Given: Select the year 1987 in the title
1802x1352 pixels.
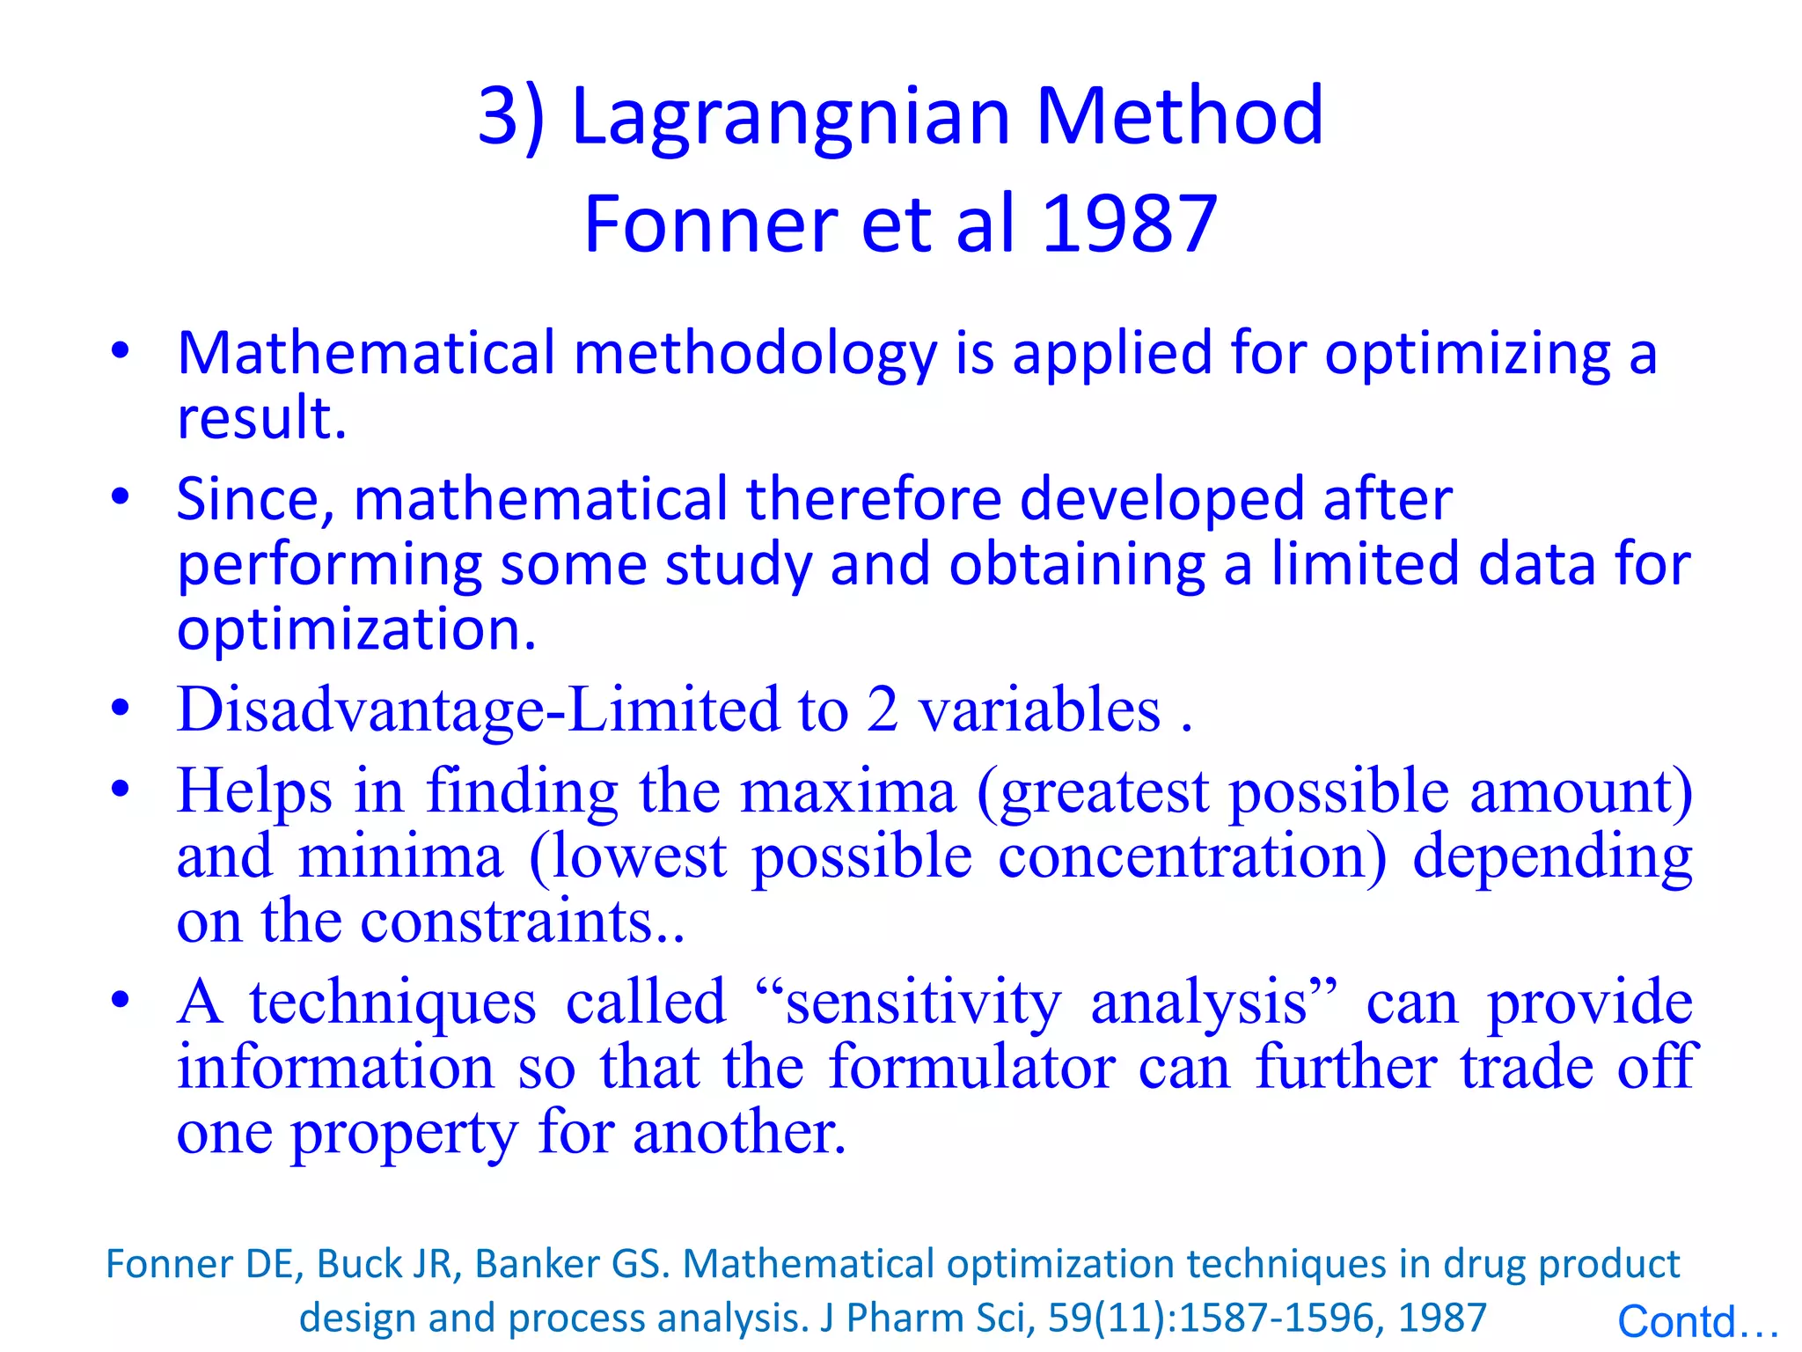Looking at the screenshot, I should (1130, 224).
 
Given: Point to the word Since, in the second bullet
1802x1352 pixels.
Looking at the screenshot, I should (256, 500).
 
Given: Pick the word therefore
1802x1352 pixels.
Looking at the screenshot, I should (874, 498).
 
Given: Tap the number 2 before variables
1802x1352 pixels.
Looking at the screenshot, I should (882, 709).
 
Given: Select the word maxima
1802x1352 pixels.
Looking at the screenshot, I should (847, 790).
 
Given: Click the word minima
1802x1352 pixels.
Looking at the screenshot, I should (400, 856).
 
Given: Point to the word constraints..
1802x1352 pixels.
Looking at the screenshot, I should (517, 921).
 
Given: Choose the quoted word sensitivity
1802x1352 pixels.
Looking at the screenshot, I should (923, 1003).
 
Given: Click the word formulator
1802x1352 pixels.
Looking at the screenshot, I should (971, 1067).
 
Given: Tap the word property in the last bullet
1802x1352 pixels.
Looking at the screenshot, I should (404, 1134).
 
